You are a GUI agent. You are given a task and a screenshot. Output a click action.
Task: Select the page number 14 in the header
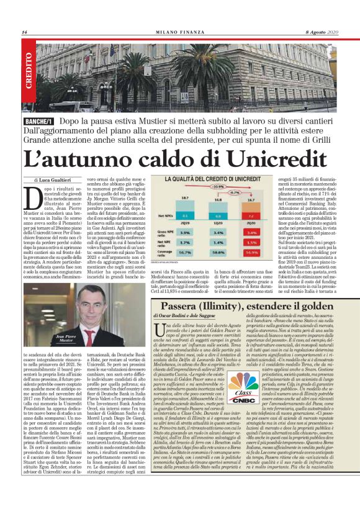tap(24, 32)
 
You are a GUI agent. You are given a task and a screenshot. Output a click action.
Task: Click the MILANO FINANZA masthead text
tap(179, 32)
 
